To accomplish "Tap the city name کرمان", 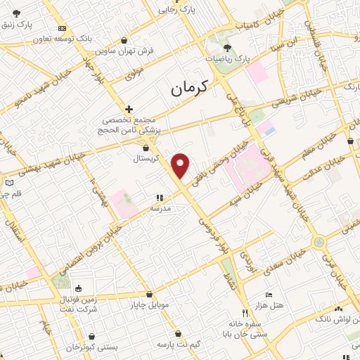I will click(x=190, y=89).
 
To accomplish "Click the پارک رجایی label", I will click(x=175, y=10).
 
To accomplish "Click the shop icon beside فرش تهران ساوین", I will click(x=124, y=41).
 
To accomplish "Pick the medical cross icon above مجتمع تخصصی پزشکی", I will click(x=129, y=109).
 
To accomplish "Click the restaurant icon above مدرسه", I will click(x=159, y=198).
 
